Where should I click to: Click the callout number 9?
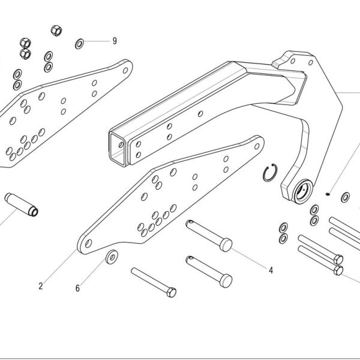pos(115,41)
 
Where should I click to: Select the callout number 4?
pos(271,270)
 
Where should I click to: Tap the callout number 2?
pos(41,286)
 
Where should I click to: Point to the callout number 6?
pos(77,288)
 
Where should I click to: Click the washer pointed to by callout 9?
pos(79,44)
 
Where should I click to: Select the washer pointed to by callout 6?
pos(112,257)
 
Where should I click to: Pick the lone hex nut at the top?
pos(56,31)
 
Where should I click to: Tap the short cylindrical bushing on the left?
pos(22,205)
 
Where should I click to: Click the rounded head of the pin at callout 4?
pos(226,245)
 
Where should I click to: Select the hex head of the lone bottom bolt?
pos(172,292)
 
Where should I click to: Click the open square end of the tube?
pos(118,148)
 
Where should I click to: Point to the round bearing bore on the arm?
pos(304,191)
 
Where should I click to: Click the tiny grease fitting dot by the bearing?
pos(328,194)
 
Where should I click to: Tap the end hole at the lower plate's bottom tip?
pos(88,244)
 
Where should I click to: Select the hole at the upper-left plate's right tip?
pos(125,70)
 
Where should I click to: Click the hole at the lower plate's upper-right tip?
pos(257,146)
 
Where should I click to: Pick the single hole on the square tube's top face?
pos(200,113)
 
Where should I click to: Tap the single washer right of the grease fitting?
pos(346,197)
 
